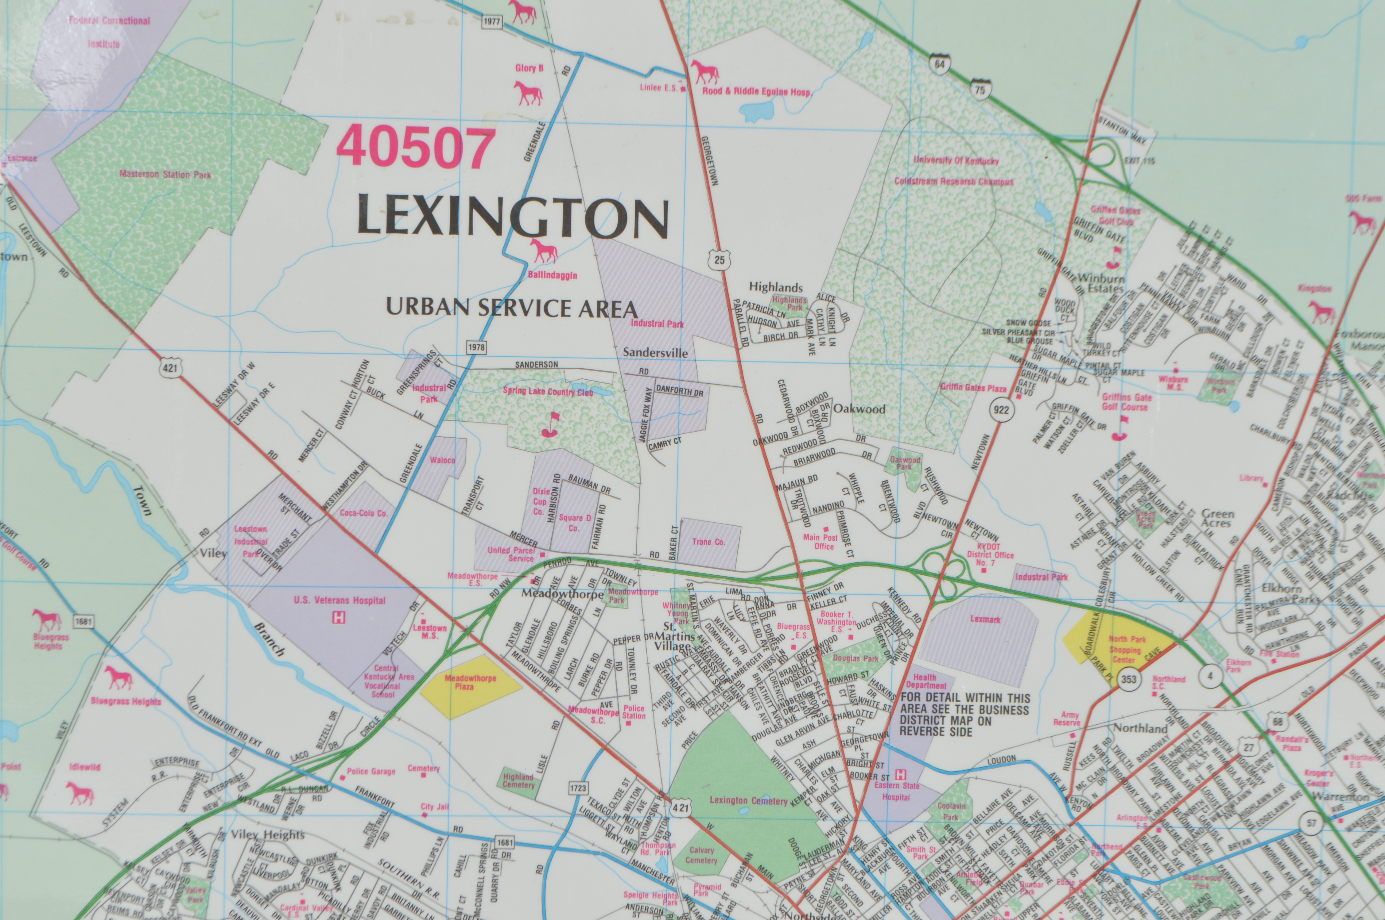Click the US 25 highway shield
(x=720, y=259)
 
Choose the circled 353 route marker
(x=1128, y=680)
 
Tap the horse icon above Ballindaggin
(x=544, y=251)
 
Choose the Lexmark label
(x=985, y=619)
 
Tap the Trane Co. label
(x=709, y=542)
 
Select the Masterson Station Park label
(x=165, y=174)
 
